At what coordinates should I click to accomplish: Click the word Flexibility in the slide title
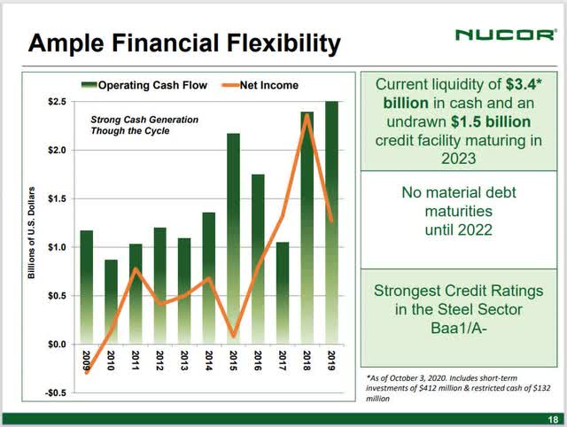point(267,42)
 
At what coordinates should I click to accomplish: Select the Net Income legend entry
point(257,85)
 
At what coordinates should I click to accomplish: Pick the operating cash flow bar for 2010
point(110,301)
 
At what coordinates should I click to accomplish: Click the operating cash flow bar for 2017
point(281,292)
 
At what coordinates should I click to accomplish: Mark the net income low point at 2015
point(232,336)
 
